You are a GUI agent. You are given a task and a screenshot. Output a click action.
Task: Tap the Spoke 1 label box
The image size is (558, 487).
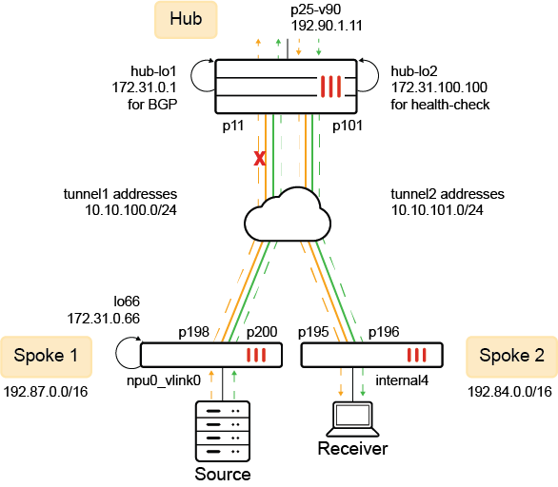click(45, 356)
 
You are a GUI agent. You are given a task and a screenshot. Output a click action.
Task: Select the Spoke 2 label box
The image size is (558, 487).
click(512, 356)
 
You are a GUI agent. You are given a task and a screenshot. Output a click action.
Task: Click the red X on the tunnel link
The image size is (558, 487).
click(257, 160)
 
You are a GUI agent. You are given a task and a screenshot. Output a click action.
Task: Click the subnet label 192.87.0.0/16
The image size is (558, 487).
click(45, 390)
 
